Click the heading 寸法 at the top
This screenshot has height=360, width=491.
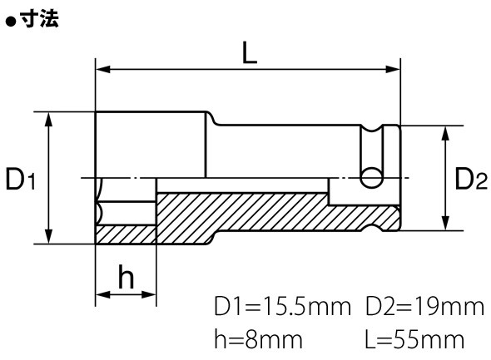39,19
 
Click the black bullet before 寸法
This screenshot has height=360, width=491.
11,22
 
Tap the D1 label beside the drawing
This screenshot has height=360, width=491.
21,179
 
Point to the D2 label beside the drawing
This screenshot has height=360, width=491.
471,179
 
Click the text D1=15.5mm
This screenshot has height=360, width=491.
282,307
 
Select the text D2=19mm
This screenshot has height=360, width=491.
425,307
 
